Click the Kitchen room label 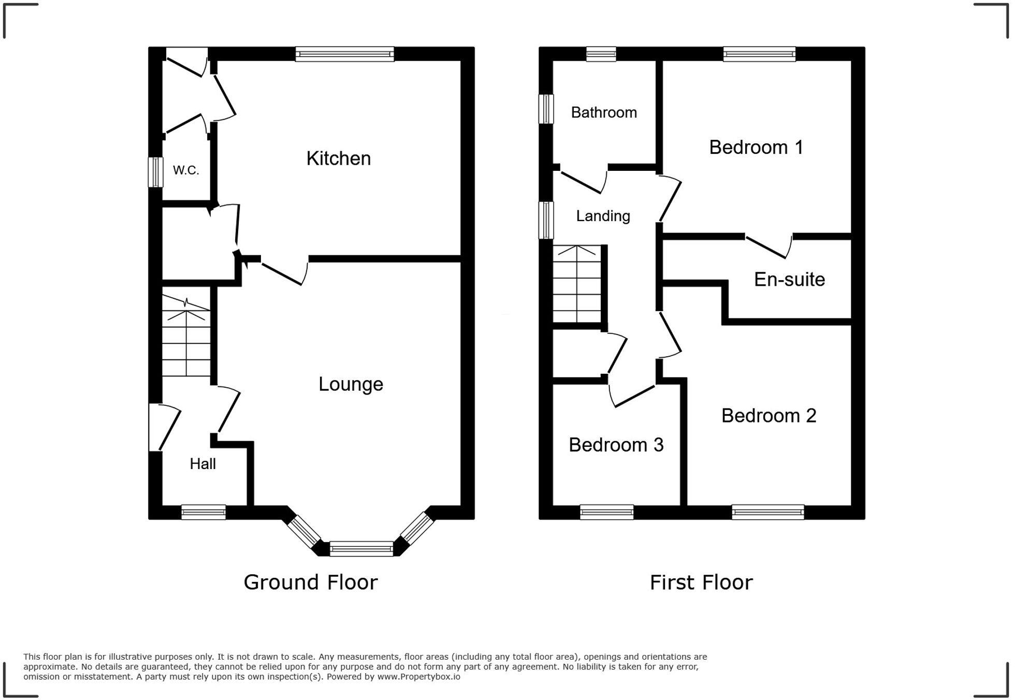point(339,158)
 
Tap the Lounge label point(351,384)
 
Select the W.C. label point(186,170)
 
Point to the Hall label point(202,464)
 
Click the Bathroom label point(604,112)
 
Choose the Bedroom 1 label point(756,148)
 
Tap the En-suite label point(789,280)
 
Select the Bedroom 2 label point(769,416)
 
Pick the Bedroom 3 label point(616,445)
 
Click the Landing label point(603,216)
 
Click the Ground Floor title point(311,582)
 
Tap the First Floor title point(701,582)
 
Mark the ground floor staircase point(186,337)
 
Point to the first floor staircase point(577,285)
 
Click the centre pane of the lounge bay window point(361,548)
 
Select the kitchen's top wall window point(344,54)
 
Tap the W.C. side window point(155,172)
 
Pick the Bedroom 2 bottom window point(768,512)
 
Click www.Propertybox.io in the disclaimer point(418,677)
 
